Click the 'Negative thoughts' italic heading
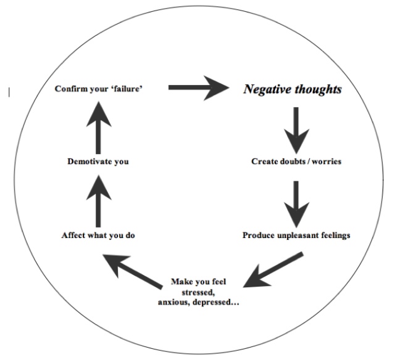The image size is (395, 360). pos(293,89)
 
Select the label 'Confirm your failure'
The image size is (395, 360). pos(99,89)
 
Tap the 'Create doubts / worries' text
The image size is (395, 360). pos(296,162)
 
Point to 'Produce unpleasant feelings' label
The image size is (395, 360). pos(296,235)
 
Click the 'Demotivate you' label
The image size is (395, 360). pos(98,162)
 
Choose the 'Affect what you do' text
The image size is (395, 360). pos(98,235)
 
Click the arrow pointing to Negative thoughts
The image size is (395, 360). pos(199,88)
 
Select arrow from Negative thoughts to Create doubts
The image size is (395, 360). pos(296,130)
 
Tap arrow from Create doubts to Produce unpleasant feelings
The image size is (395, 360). pos(296,204)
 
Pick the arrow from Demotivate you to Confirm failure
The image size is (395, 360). pos(99,128)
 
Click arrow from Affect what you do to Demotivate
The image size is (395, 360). pos(99,201)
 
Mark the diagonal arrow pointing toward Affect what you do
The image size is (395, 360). pos(133,271)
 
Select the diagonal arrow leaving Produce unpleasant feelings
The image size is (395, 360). pos(273,270)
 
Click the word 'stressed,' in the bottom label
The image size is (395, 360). pos(198,292)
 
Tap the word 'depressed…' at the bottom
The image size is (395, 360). pos(215,302)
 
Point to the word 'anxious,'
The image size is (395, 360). pos(173,302)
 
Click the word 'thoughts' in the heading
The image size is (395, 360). pos(318,89)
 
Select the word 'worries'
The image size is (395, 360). pos(326,162)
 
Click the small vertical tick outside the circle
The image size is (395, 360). pos(9,92)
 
